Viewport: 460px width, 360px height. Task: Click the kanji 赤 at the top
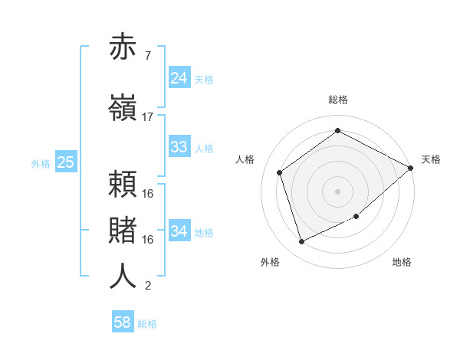123,48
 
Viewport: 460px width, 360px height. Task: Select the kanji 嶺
123,106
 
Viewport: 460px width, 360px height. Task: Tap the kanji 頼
123,184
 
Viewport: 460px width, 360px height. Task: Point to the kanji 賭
123,230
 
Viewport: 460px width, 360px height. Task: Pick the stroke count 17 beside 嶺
147,117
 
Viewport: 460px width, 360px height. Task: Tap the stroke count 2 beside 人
147,286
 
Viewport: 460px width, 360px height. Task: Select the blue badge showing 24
179,78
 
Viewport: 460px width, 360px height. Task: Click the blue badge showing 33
179,147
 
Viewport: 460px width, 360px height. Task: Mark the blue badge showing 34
179,231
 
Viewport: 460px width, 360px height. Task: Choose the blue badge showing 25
65,162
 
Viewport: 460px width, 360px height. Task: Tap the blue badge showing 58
123,322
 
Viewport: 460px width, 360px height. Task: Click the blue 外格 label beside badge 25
41,163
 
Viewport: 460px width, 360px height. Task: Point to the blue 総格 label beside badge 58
147,324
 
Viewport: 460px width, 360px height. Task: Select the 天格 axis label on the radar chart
431,159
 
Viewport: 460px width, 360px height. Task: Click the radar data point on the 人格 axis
280,172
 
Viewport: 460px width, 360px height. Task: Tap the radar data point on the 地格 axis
356,217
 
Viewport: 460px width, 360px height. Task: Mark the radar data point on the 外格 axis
301,242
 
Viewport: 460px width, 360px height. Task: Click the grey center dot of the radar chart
337,191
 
